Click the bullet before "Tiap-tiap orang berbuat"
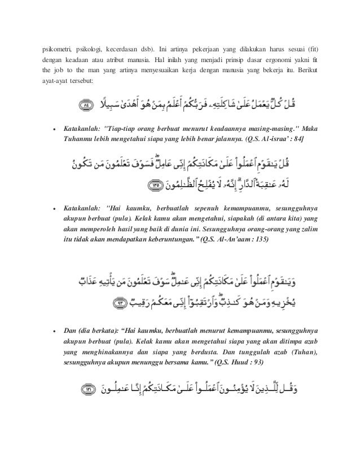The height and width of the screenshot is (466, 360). coord(54,129)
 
